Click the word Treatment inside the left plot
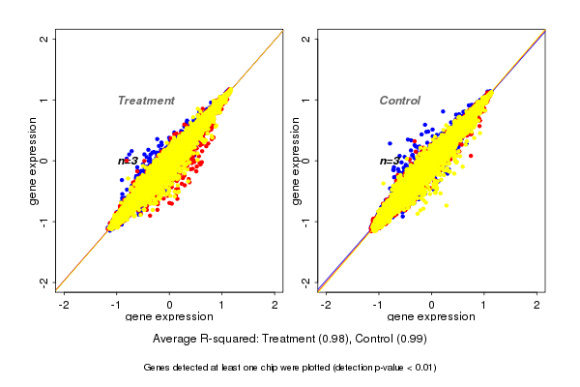coord(146,101)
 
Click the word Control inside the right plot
coord(399,101)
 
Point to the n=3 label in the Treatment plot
coord(129,161)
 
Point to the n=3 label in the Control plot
coord(390,161)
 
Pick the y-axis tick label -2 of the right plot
coord(306,281)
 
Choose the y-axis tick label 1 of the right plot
coord(306,100)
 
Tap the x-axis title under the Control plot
coord(430,317)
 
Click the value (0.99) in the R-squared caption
coord(410,340)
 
